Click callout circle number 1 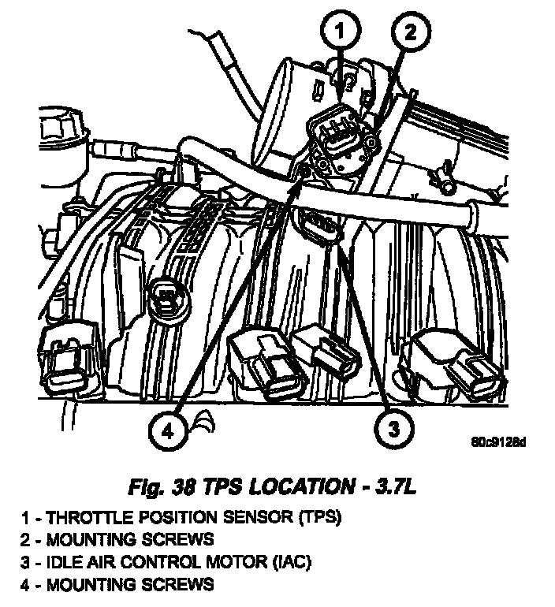(338, 32)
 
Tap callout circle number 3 (392, 429)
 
